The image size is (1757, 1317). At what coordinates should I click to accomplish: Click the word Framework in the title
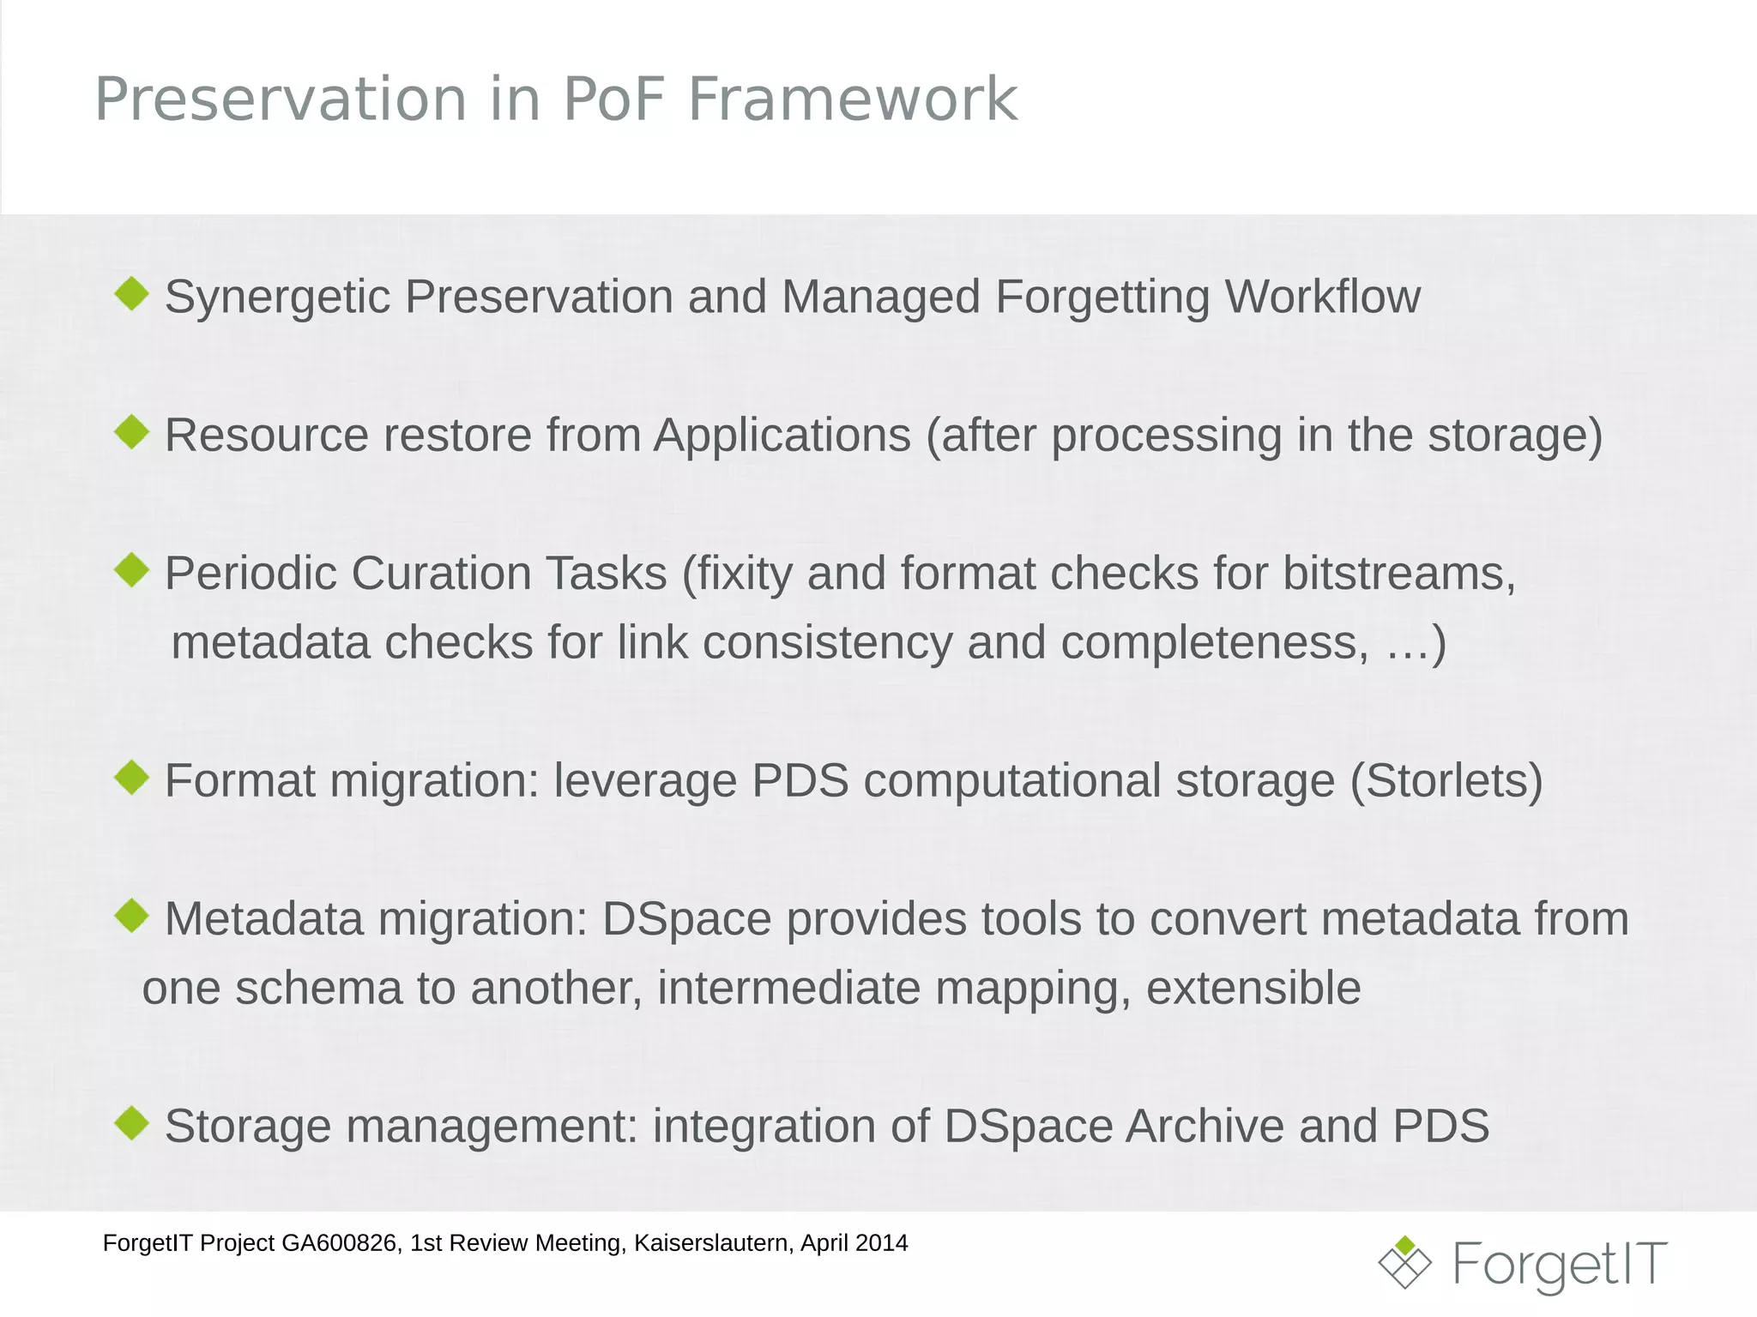pyautogui.click(x=852, y=99)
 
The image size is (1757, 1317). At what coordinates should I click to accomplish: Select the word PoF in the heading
pyautogui.click(x=613, y=99)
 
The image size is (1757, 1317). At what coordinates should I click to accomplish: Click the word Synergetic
pyautogui.click(x=277, y=298)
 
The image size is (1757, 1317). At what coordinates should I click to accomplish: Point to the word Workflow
pyautogui.click(x=1322, y=298)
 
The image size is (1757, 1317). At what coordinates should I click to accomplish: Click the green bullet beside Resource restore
pyautogui.click(x=132, y=431)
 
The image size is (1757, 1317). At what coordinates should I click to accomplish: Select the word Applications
pyautogui.click(x=782, y=436)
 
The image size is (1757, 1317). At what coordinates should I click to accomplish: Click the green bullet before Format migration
pyautogui.click(x=132, y=778)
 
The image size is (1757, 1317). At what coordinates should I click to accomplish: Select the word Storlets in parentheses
pyautogui.click(x=1446, y=781)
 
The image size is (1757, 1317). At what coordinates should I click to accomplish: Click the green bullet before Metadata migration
pyautogui.click(x=132, y=916)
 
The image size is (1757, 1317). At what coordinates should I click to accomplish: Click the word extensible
pyautogui.click(x=1253, y=989)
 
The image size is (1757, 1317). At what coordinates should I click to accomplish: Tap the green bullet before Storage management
pyautogui.click(x=132, y=1123)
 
